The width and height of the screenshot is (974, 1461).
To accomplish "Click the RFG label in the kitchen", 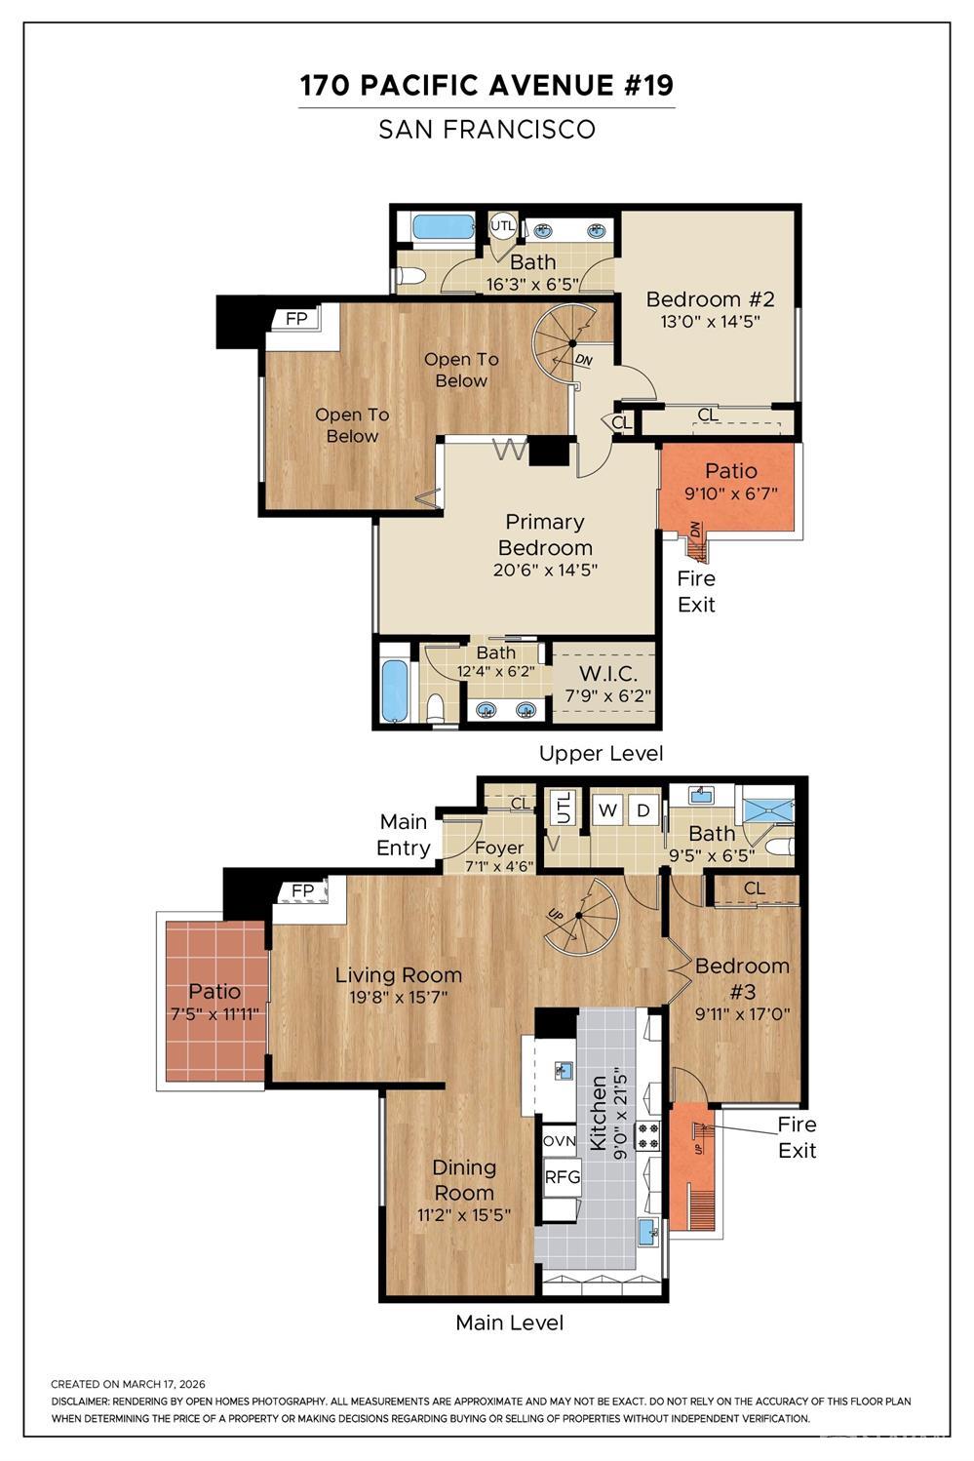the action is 562,1176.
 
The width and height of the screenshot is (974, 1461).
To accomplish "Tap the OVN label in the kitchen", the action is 560,1141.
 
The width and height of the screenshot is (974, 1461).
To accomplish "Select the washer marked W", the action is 607,810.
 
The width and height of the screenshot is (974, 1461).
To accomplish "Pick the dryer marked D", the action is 643,810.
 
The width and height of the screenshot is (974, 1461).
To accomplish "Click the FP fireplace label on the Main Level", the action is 302,890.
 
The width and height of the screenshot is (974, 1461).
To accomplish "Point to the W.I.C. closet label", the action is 607,673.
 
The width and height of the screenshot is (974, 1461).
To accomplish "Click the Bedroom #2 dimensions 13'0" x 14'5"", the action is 710,321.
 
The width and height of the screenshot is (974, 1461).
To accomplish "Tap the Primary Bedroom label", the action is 545,534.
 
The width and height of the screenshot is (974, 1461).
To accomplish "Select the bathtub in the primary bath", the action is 395,691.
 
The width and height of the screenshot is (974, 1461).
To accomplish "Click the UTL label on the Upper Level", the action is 502,226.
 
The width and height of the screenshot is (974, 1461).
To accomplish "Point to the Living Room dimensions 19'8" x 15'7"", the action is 398,998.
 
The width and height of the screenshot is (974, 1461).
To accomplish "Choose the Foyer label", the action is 499,848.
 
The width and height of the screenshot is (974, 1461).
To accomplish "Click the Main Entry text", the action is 405,835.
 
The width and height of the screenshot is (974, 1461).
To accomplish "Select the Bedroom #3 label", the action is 742,978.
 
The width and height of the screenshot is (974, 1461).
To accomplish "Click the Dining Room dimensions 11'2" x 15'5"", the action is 464,1214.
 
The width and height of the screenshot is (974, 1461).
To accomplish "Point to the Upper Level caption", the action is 602,754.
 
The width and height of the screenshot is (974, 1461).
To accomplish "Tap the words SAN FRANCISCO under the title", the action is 487,129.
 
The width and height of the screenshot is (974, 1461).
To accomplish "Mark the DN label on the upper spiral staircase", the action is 583,359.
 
